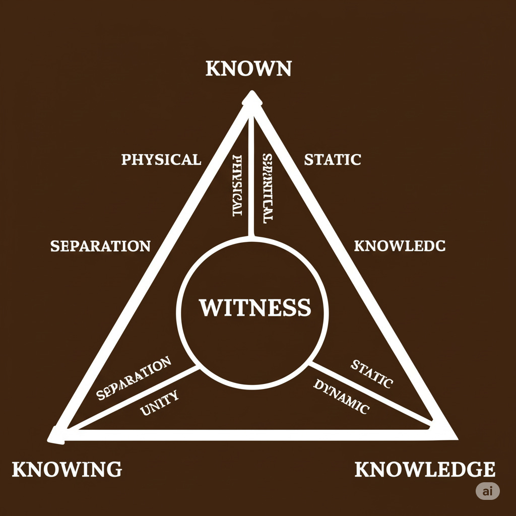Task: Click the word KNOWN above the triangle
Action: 248,69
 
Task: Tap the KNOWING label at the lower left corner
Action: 67,469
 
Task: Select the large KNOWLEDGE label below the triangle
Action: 425,469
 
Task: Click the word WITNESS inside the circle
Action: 254,307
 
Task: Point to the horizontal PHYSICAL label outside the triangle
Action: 161,160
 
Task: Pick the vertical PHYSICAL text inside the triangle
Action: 236,186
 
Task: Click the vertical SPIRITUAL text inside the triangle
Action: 267,188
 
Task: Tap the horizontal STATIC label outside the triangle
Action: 333,160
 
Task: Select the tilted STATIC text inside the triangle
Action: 371,374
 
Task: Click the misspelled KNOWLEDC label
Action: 400,246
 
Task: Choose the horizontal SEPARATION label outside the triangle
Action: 100,246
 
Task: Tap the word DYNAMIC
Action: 342,397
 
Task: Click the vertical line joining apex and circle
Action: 250,176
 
